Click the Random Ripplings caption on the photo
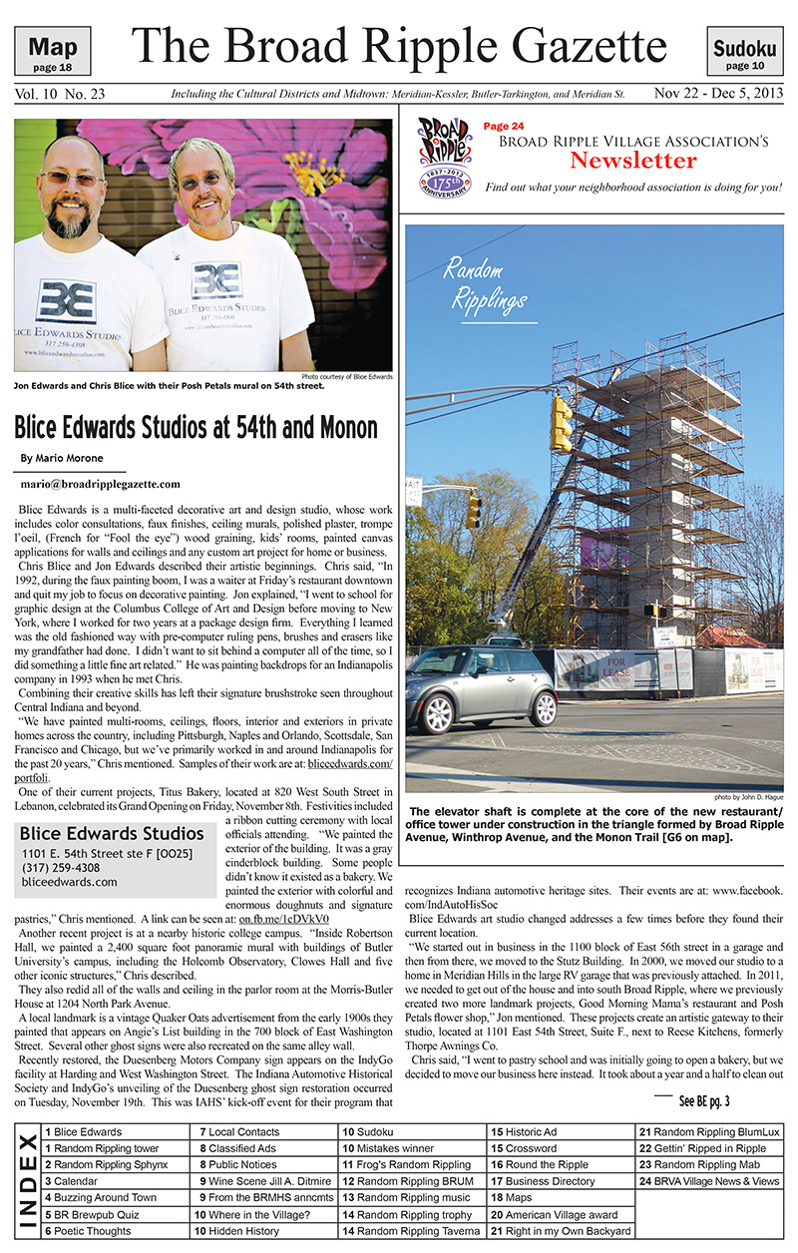[486, 283]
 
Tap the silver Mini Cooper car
[482, 685]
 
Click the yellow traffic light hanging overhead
[561, 423]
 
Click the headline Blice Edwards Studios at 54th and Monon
[196, 427]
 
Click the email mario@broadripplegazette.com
[101, 484]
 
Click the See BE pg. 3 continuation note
[704, 1101]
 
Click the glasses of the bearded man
[73, 179]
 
